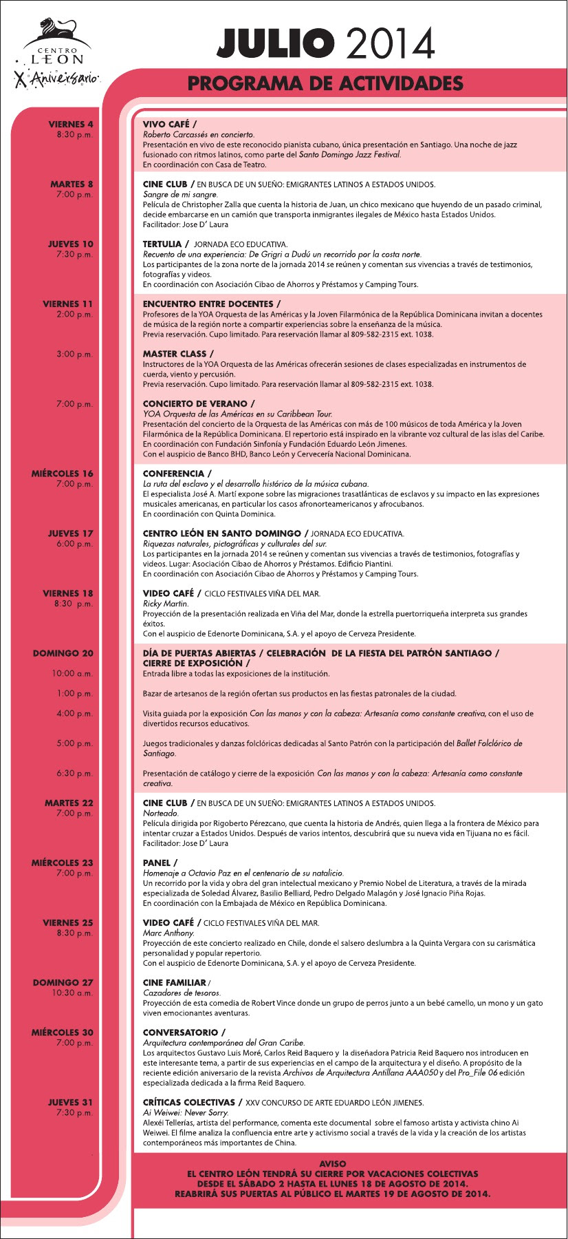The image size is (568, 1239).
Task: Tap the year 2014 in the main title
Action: click(391, 43)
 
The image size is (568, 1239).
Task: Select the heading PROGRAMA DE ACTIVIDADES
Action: click(325, 84)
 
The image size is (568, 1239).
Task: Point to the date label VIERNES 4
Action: click(71, 125)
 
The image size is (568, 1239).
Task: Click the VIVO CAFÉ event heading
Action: click(166, 125)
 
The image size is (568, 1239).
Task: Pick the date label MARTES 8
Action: click(72, 184)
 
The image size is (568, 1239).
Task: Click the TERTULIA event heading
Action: click(162, 244)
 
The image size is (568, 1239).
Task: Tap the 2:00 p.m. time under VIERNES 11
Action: click(74, 315)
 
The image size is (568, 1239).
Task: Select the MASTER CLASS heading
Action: click(175, 354)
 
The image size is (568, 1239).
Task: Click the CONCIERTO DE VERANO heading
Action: click(195, 404)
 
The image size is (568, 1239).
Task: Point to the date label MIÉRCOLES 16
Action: click(62, 474)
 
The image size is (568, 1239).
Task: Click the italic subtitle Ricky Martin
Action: click(156, 604)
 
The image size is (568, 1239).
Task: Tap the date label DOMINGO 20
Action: click(63, 653)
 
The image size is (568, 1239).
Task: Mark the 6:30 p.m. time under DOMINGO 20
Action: click(74, 774)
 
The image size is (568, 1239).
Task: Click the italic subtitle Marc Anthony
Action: click(160, 933)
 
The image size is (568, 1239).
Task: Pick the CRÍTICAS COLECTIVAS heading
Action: click(189, 1103)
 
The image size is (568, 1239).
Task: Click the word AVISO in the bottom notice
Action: click(333, 1163)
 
